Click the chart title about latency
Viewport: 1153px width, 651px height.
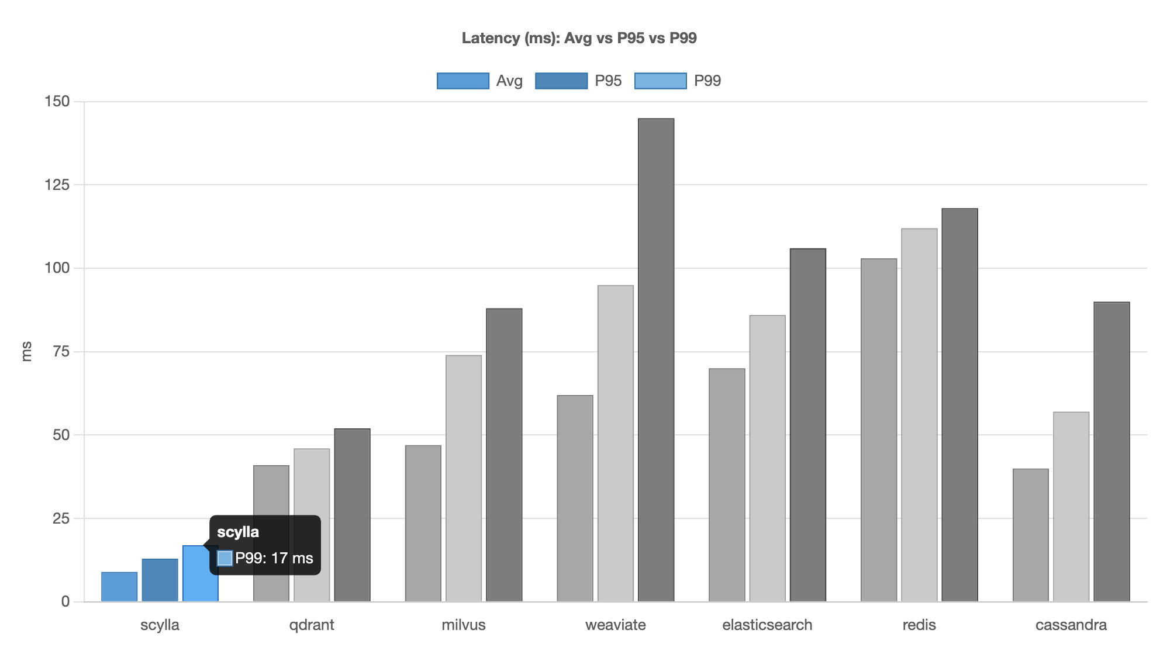579,38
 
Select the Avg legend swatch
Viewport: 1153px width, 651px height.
462,81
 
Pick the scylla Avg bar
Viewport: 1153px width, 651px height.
119,587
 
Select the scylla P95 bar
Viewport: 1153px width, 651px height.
160,580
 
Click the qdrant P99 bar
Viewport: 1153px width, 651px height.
352,515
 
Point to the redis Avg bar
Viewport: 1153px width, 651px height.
879,430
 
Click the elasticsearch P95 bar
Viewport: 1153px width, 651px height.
767,458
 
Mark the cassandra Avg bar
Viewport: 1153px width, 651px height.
1031,535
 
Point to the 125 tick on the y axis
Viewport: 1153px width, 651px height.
57,185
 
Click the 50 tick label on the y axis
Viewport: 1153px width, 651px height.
61,435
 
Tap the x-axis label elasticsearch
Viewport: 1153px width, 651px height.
767,625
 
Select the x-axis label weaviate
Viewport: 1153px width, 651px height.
615,625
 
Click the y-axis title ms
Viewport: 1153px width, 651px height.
26,351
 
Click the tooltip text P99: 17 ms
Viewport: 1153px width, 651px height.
274,558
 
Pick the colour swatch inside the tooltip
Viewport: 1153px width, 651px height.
225,558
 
